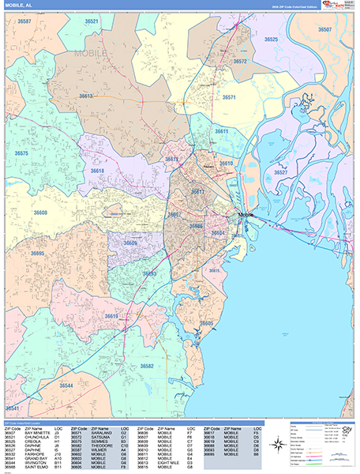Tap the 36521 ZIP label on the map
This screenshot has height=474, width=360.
point(93,22)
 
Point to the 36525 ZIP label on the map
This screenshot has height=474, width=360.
point(271,39)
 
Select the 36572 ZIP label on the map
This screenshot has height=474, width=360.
point(240,61)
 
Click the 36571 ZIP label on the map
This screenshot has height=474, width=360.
point(229,97)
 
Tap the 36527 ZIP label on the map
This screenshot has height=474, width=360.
point(280,171)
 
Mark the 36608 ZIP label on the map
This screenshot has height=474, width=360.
point(40,213)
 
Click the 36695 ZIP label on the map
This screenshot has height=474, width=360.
point(37,254)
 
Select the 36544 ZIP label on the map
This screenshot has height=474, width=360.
point(67,386)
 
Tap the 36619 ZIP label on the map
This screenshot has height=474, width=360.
point(111,316)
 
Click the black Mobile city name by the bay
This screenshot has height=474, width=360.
point(246,215)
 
